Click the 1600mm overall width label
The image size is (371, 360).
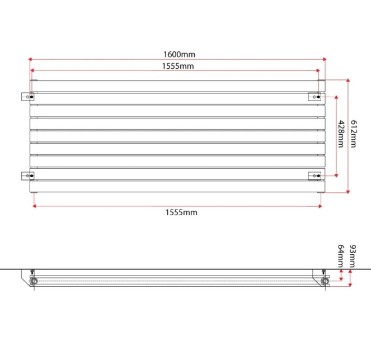179,54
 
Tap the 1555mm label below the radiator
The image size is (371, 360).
181,212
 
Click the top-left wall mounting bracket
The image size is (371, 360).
26,97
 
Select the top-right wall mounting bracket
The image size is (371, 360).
314,97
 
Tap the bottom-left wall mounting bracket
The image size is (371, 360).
26,176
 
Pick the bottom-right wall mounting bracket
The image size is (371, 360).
314,176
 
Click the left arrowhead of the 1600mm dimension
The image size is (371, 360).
31,59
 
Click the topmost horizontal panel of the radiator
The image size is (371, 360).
176,86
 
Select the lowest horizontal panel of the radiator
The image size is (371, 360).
176,186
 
